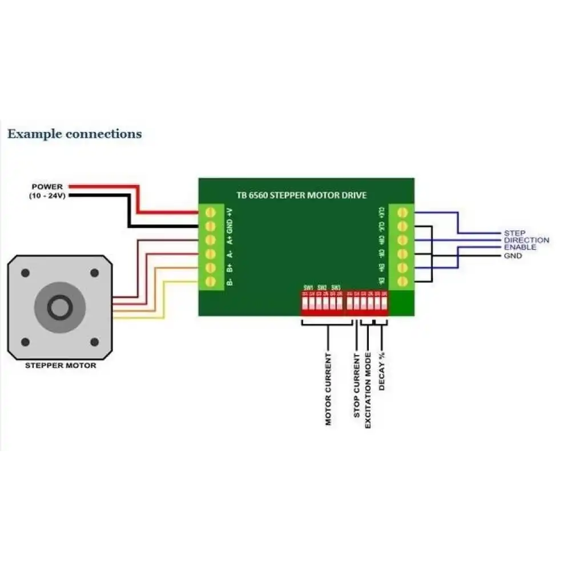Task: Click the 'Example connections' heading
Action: coord(74,134)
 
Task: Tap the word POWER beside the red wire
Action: coord(47,187)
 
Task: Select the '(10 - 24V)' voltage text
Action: coord(47,196)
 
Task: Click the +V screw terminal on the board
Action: coord(210,212)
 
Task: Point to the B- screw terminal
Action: coord(210,281)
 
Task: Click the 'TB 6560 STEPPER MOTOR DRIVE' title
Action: coord(301,195)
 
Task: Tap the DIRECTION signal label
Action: coord(526,240)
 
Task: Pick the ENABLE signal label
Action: coord(520,247)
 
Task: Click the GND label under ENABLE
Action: coord(512,256)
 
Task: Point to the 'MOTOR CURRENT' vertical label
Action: coord(328,389)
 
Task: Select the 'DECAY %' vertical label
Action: coord(381,372)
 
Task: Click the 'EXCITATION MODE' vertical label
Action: coord(368,391)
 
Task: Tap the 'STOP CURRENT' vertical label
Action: coord(356,385)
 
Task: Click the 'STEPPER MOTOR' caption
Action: coord(61,365)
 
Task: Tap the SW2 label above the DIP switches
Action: coord(322,287)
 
